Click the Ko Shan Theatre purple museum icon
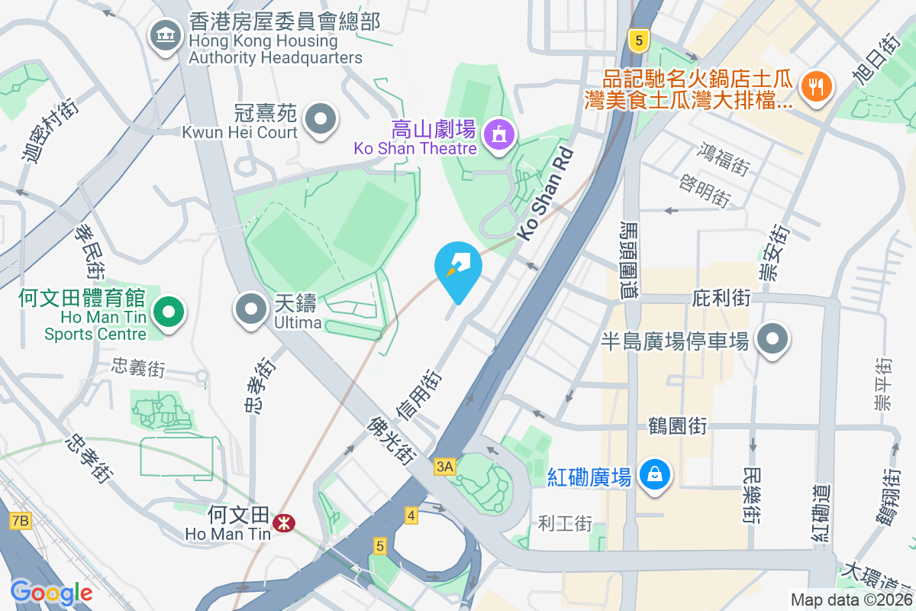click(499, 135)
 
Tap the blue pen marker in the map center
click(457, 268)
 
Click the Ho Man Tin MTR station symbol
click(284, 522)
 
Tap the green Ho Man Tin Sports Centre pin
click(168, 312)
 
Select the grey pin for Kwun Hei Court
click(320, 119)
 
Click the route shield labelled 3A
click(445, 466)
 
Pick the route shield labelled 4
click(411, 516)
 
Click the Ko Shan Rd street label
click(545, 195)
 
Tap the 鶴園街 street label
click(677, 425)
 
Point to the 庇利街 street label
click(722, 297)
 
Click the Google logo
click(51, 592)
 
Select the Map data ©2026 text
click(850, 600)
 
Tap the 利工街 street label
click(565, 523)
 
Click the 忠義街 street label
click(138, 367)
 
